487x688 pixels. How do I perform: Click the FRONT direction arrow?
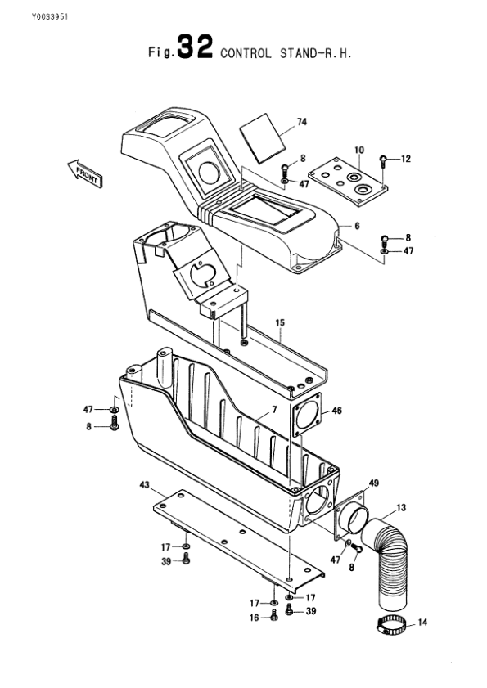(85, 173)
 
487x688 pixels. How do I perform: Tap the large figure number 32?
(196, 47)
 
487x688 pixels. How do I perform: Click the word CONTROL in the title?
(246, 53)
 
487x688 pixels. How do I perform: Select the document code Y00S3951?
(50, 16)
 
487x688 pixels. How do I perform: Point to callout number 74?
(302, 122)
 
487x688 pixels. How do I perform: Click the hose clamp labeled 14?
(390, 624)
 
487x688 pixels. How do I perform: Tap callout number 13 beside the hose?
(401, 508)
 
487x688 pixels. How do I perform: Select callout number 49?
(373, 483)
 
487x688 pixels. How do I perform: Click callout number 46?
(336, 411)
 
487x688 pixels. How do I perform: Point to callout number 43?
(145, 485)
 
